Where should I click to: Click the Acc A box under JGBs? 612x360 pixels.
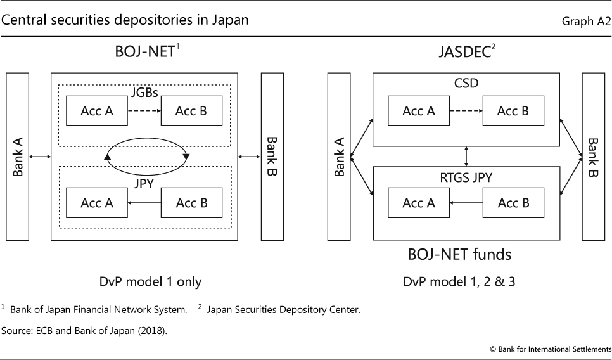tap(97, 112)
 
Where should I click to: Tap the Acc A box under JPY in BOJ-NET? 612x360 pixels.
tap(97, 203)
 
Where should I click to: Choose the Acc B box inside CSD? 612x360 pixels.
tap(513, 112)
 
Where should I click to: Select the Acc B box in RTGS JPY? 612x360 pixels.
tap(513, 203)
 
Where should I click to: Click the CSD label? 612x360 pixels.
tap(466, 83)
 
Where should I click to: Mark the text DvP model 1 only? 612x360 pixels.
tap(145, 281)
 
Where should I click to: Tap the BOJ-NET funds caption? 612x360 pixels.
tap(459, 255)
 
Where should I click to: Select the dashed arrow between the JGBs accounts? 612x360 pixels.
tap(145, 112)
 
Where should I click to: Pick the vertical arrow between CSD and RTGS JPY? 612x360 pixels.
tap(466, 156)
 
